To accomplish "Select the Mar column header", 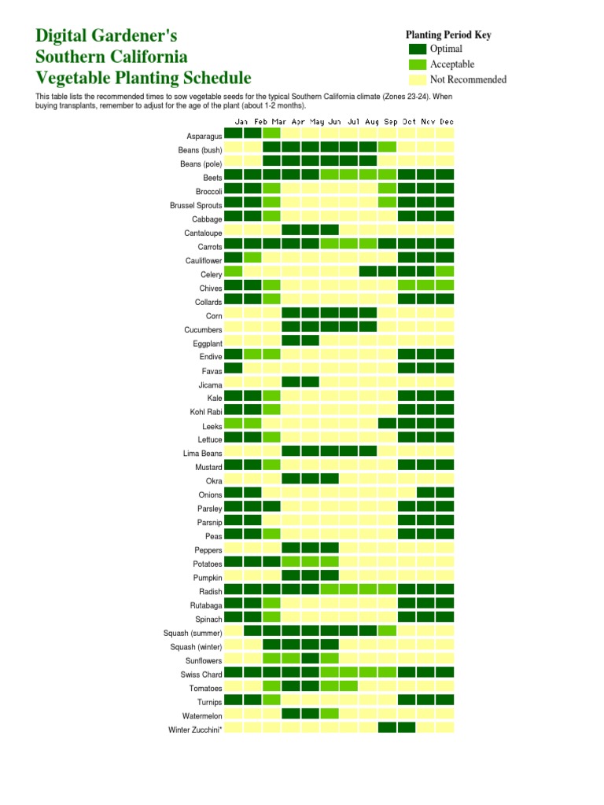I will [279, 122].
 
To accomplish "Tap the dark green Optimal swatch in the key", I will [418, 50].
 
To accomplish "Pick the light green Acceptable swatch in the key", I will [418, 64].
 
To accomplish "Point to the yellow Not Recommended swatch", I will [418, 79].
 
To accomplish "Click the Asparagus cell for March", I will [271, 134].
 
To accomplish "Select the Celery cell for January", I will [234, 271].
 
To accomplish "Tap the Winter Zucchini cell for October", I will [407, 727].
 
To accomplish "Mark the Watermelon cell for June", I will [330, 714].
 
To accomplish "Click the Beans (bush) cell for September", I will [387, 147].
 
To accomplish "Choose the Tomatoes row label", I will [205, 689].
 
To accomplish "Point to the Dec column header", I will [446, 122].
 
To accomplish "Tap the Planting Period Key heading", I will [448, 35].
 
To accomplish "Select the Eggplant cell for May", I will [310, 340].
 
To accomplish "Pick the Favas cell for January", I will [234, 368].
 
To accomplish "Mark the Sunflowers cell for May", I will [310, 658].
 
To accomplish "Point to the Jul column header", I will [354, 122].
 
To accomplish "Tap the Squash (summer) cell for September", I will [387, 630].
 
